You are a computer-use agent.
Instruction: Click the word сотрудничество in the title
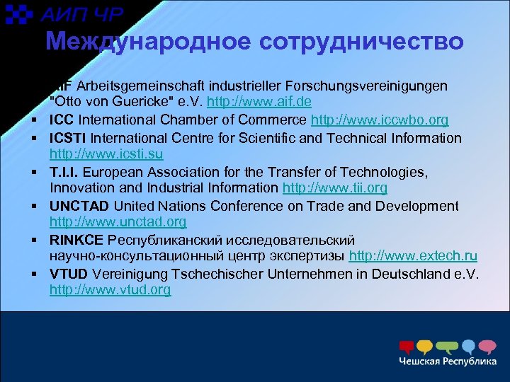362,42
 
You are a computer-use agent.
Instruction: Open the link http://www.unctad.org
118,222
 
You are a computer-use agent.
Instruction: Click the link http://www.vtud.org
110,290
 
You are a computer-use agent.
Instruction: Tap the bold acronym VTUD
69,273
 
